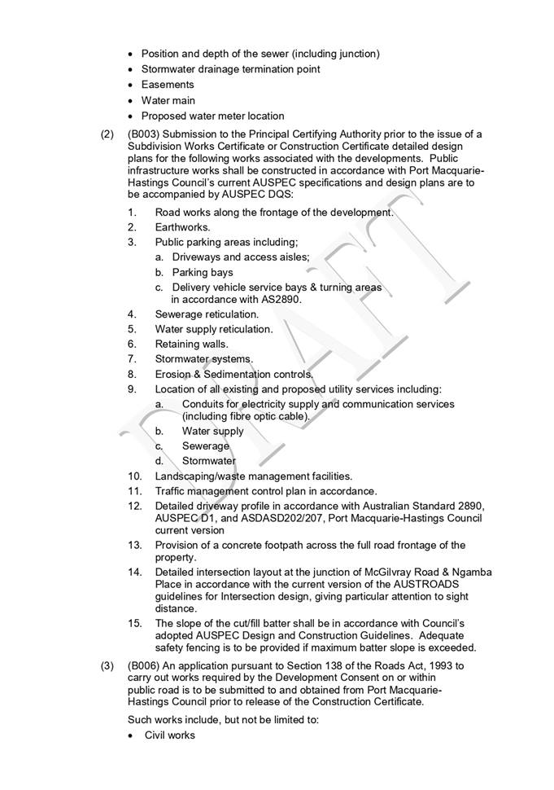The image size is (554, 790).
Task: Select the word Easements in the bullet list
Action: click(168, 85)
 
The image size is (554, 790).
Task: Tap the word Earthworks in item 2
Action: click(182, 227)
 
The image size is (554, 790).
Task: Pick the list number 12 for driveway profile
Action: click(135, 506)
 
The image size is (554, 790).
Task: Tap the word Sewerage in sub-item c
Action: click(206, 446)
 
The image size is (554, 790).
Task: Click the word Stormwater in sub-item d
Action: click(209, 461)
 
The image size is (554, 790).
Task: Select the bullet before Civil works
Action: click(132, 735)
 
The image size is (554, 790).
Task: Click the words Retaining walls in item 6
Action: click(192, 344)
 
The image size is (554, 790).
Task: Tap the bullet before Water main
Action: click(132, 100)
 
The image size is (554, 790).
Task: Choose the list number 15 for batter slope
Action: click(135, 624)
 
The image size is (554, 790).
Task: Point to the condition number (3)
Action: click(107, 665)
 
